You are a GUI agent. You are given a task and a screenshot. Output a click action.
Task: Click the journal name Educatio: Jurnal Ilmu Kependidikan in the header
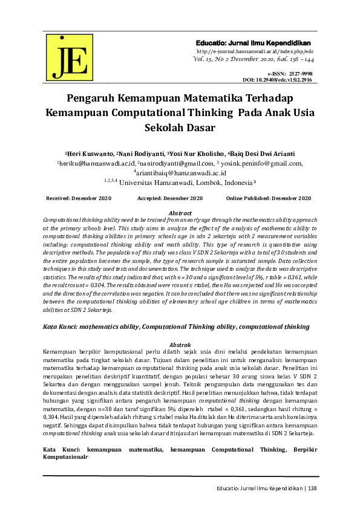(x=253, y=44)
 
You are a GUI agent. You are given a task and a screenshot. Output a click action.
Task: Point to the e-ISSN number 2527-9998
(x=301, y=73)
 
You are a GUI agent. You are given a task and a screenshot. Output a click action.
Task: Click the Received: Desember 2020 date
(x=79, y=199)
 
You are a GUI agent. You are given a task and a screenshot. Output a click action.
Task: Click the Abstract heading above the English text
(x=180, y=213)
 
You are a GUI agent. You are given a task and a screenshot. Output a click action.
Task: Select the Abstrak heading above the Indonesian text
(x=180, y=344)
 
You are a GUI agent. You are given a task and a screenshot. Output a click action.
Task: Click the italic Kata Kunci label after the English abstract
(x=62, y=326)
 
